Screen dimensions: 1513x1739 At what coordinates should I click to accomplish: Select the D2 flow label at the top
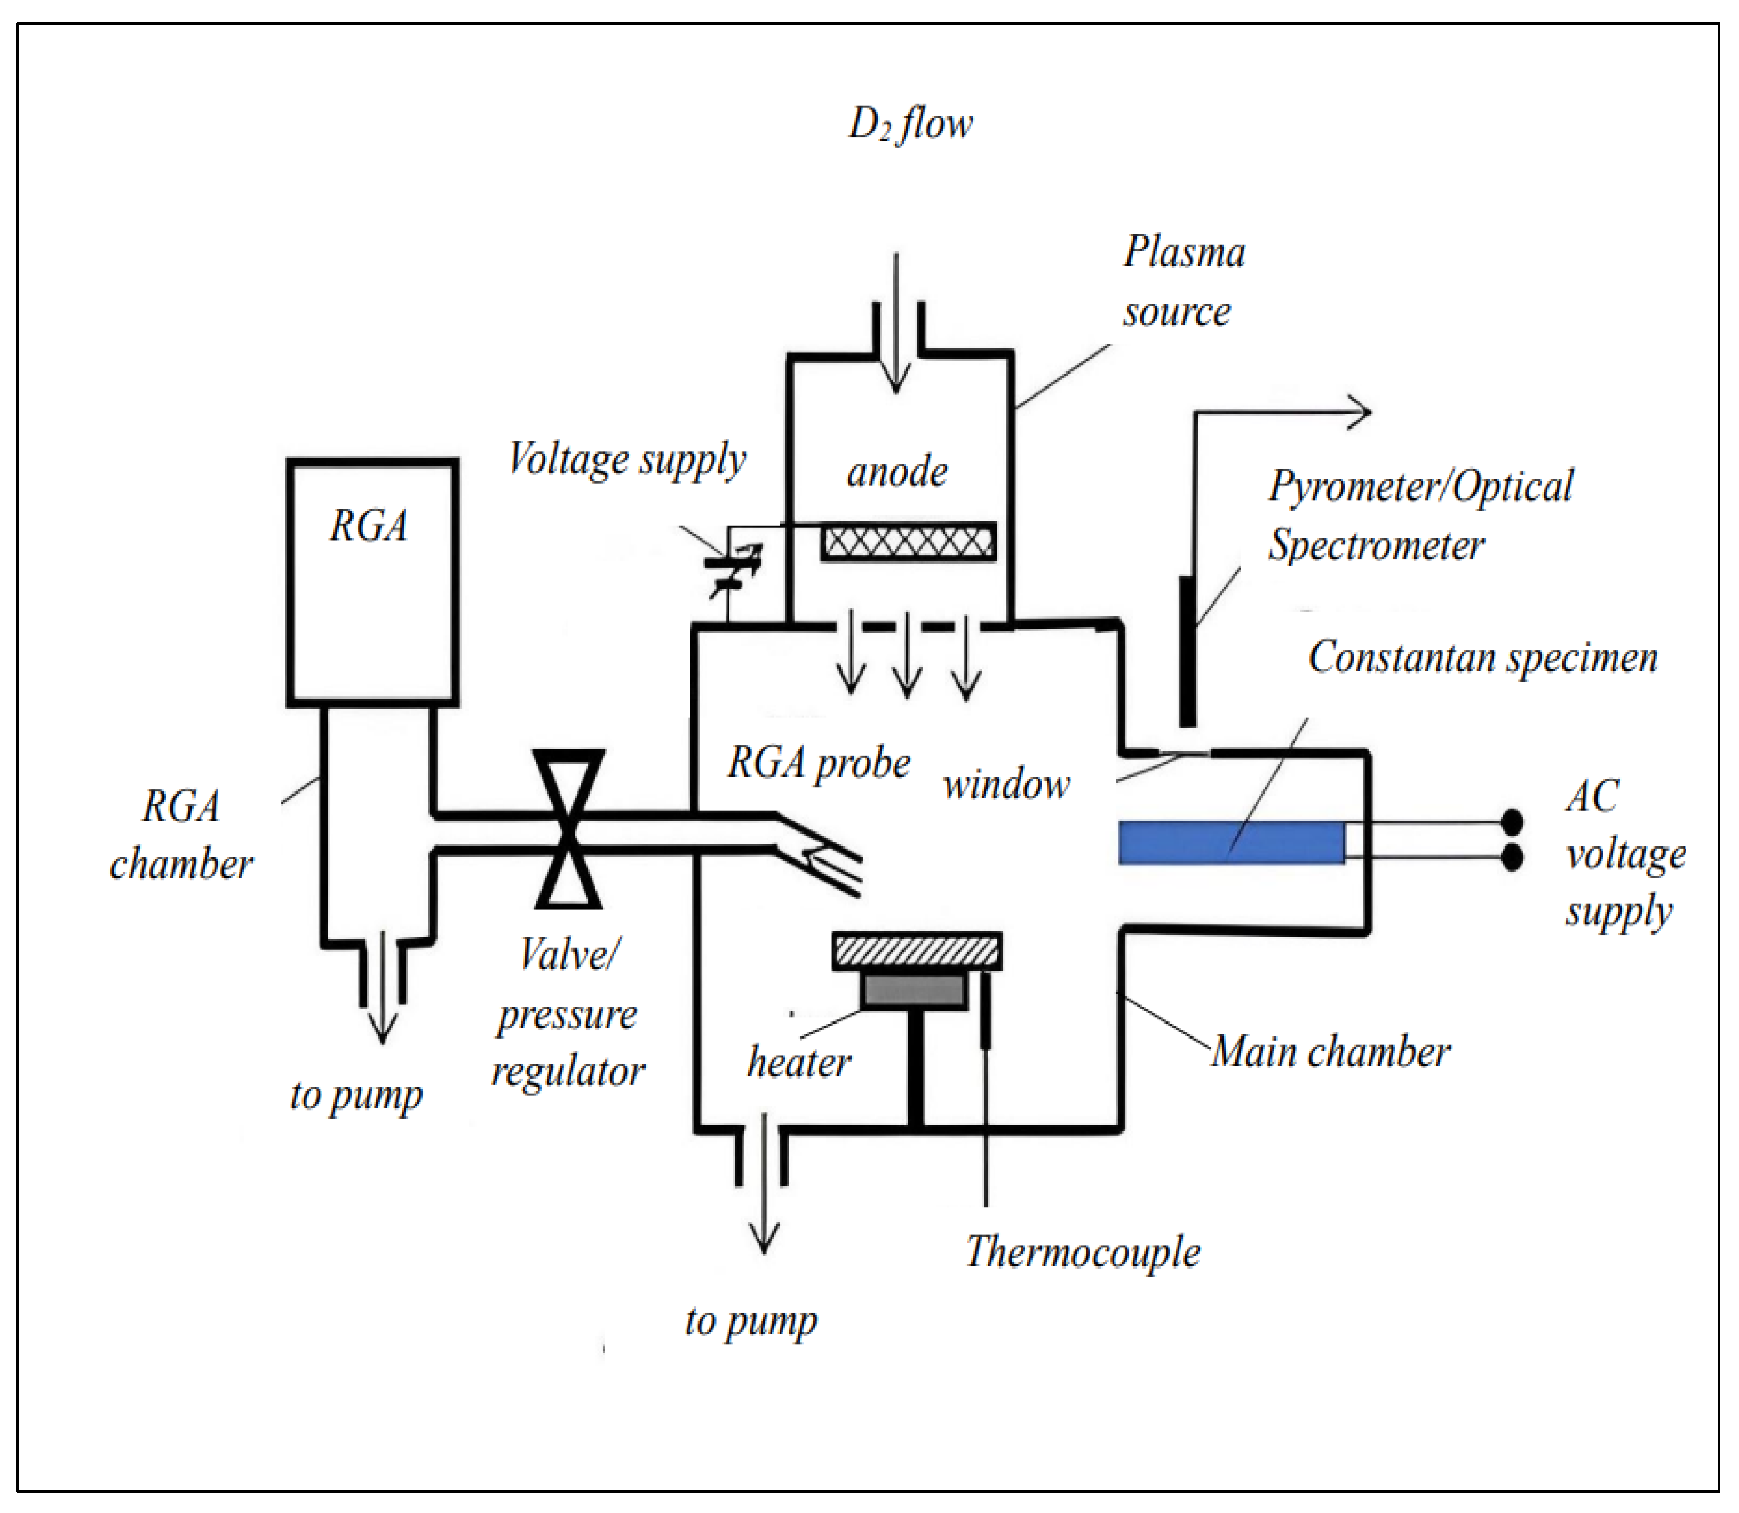click(x=910, y=124)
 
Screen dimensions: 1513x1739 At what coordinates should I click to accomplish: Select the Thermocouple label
click(x=1082, y=1251)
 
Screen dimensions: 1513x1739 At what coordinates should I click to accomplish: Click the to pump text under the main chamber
click(x=750, y=1320)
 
